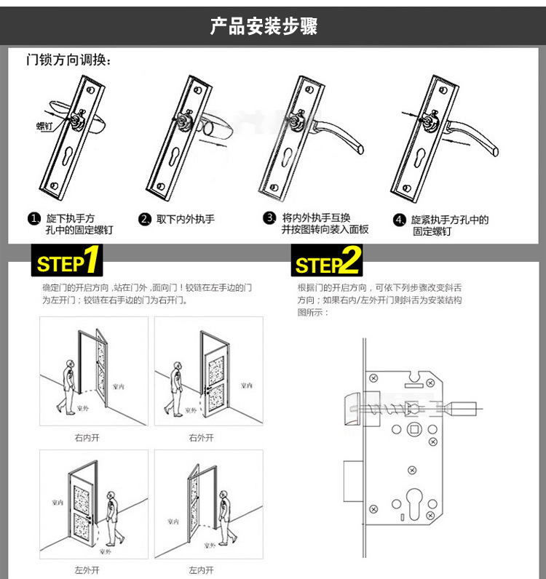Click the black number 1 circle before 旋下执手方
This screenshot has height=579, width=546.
[x=33, y=219]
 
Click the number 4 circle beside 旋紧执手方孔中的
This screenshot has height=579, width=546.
[x=399, y=220]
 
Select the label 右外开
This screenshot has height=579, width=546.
[x=201, y=438]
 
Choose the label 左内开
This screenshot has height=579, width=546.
[x=201, y=569]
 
